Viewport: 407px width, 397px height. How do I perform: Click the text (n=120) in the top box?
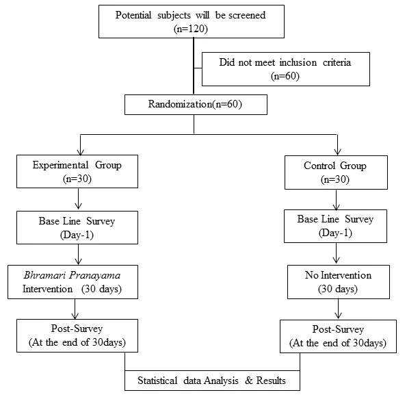point(191,29)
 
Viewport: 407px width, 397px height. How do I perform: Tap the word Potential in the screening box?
point(133,15)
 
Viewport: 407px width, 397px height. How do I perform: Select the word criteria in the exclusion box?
point(337,62)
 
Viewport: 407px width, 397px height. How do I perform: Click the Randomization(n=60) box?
point(196,105)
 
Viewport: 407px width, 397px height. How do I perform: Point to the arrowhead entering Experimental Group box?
point(81,152)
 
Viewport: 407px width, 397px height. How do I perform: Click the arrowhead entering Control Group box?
point(337,152)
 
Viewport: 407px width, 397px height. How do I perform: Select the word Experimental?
point(60,165)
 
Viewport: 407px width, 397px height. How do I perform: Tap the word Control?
point(319,166)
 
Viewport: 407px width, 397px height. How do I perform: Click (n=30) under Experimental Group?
point(77,179)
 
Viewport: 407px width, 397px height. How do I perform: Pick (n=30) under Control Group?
point(335,179)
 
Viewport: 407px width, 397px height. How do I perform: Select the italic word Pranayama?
point(95,276)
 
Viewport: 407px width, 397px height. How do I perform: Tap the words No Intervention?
point(338,275)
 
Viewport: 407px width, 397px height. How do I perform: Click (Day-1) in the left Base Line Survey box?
point(77,235)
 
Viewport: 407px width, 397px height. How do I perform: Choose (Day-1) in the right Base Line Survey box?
point(335,233)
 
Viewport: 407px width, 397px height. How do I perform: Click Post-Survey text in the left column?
point(77,329)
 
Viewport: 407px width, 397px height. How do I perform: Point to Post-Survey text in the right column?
point(338,329)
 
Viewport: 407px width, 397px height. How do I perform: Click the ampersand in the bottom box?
point(249,381)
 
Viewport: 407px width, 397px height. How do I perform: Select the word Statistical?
point(157,381)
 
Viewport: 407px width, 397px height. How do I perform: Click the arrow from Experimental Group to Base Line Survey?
point(79,198)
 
